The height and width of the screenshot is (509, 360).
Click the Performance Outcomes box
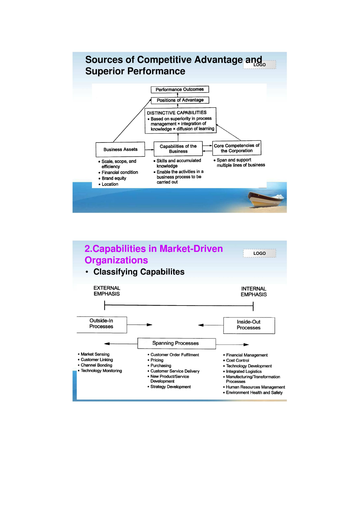tap(180, 89)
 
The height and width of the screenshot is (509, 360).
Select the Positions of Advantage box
tap(180, 100)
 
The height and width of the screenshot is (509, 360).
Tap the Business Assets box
tap(120, 149)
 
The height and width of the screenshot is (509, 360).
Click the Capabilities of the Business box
tap(178, 149)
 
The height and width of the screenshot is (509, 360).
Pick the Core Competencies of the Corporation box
tap(237, 148)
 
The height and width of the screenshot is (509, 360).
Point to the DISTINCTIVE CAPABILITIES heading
tap(177, 113)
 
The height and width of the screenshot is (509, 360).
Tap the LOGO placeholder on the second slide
tap(260, 253)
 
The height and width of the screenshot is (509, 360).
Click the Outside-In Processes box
tap(102, 325)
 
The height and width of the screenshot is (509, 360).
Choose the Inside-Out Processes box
tap(249, 325)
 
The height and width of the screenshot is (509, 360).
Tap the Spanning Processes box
tap(177, 343)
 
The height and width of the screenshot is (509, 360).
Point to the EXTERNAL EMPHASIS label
tap(107, 291)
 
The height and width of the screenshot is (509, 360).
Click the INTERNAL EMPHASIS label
tap(254, 292)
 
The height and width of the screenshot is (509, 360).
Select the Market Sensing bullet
tap(94, 354)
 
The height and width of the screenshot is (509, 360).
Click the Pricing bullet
tap(155, 360)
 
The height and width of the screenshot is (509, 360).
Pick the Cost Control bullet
tap(236, 360)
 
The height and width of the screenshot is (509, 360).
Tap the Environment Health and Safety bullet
tap(253, 393)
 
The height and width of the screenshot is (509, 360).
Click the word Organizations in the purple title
tap(116, 260)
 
